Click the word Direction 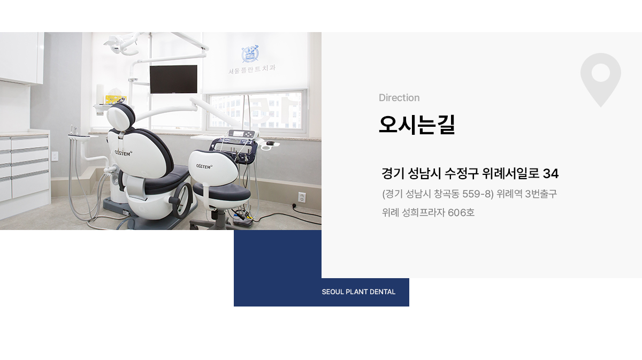[x=399, y=98]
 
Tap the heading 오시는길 [x=417, y=125]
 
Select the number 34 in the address [x=551, y=174]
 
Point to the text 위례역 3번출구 [x=527, y=194]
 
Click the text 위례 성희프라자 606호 [x=428, y=213]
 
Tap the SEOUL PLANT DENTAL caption [x=358, y=292]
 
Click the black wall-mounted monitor [x=173, y=79]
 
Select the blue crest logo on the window [x=250, y=54]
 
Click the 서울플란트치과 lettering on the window [x=252, y=70]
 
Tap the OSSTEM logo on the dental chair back [x=123, y=154]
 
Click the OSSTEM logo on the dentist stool [x=204, y=166]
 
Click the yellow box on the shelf [x=116, y=99]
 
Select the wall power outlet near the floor [x=302, y=197]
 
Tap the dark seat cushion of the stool [x=221, y=192]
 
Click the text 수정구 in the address [x=462, y=174]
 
